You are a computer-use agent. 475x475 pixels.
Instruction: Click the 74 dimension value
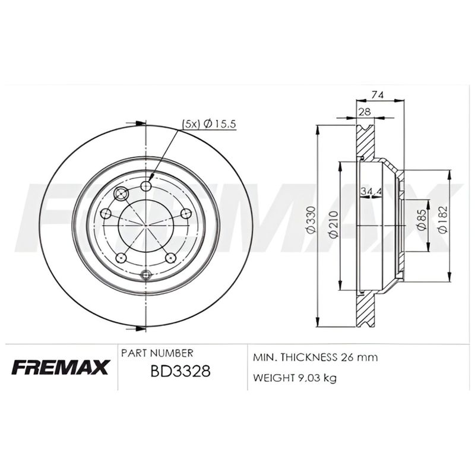[377, 95]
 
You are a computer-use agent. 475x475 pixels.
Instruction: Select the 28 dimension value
[365, 112]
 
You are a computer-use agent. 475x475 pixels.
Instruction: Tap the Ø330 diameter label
[312, 220]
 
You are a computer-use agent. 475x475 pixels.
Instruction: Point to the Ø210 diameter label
[333, 224]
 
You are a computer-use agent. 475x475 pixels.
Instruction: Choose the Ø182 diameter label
[443, 220]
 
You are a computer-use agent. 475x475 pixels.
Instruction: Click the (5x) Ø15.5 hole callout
[209, 124]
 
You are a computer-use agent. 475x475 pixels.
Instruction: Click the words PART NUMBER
[157, 353]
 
